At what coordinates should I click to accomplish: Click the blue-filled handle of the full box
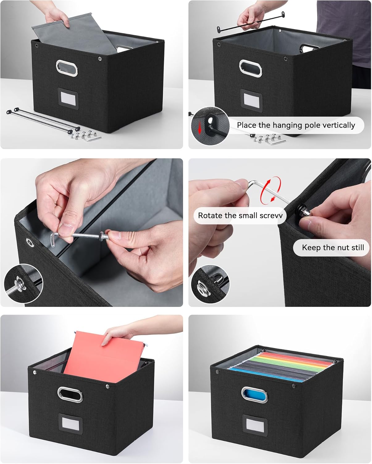[x=254, y=394]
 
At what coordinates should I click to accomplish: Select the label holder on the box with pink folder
[x=70, y=423]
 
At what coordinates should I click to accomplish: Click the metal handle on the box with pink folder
[x=70, y=394]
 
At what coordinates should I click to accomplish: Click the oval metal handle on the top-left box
[x=67, y=68]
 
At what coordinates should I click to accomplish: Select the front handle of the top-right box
[x=250, y=68]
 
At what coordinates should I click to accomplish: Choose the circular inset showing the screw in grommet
[x=23, y=283]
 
